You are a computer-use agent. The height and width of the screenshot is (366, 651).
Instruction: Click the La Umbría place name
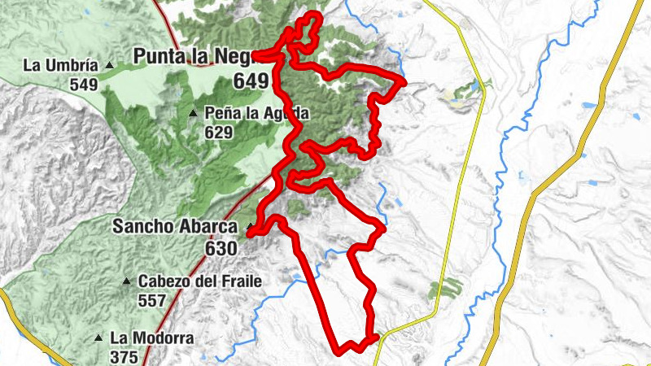[x=61, y=65]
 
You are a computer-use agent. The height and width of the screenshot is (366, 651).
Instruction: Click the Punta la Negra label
[x=195, y=56]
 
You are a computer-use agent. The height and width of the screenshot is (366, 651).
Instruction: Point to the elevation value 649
[x=251, y=81]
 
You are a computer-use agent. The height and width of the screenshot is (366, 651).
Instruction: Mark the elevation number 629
[x=219, y=132]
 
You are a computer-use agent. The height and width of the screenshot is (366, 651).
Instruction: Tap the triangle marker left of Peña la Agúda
[x=193, y=113]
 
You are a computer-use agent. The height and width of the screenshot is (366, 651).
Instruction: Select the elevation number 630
[x=221, y=247]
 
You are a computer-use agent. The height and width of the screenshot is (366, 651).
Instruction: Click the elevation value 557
[x=152, y=300]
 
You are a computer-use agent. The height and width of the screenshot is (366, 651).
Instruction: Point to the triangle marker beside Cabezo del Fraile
[x=126, y=282]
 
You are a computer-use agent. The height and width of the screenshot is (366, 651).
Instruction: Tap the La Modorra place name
[x=144, y=337]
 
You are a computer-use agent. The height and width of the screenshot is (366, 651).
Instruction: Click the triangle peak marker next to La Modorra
[x=98, y=338]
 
